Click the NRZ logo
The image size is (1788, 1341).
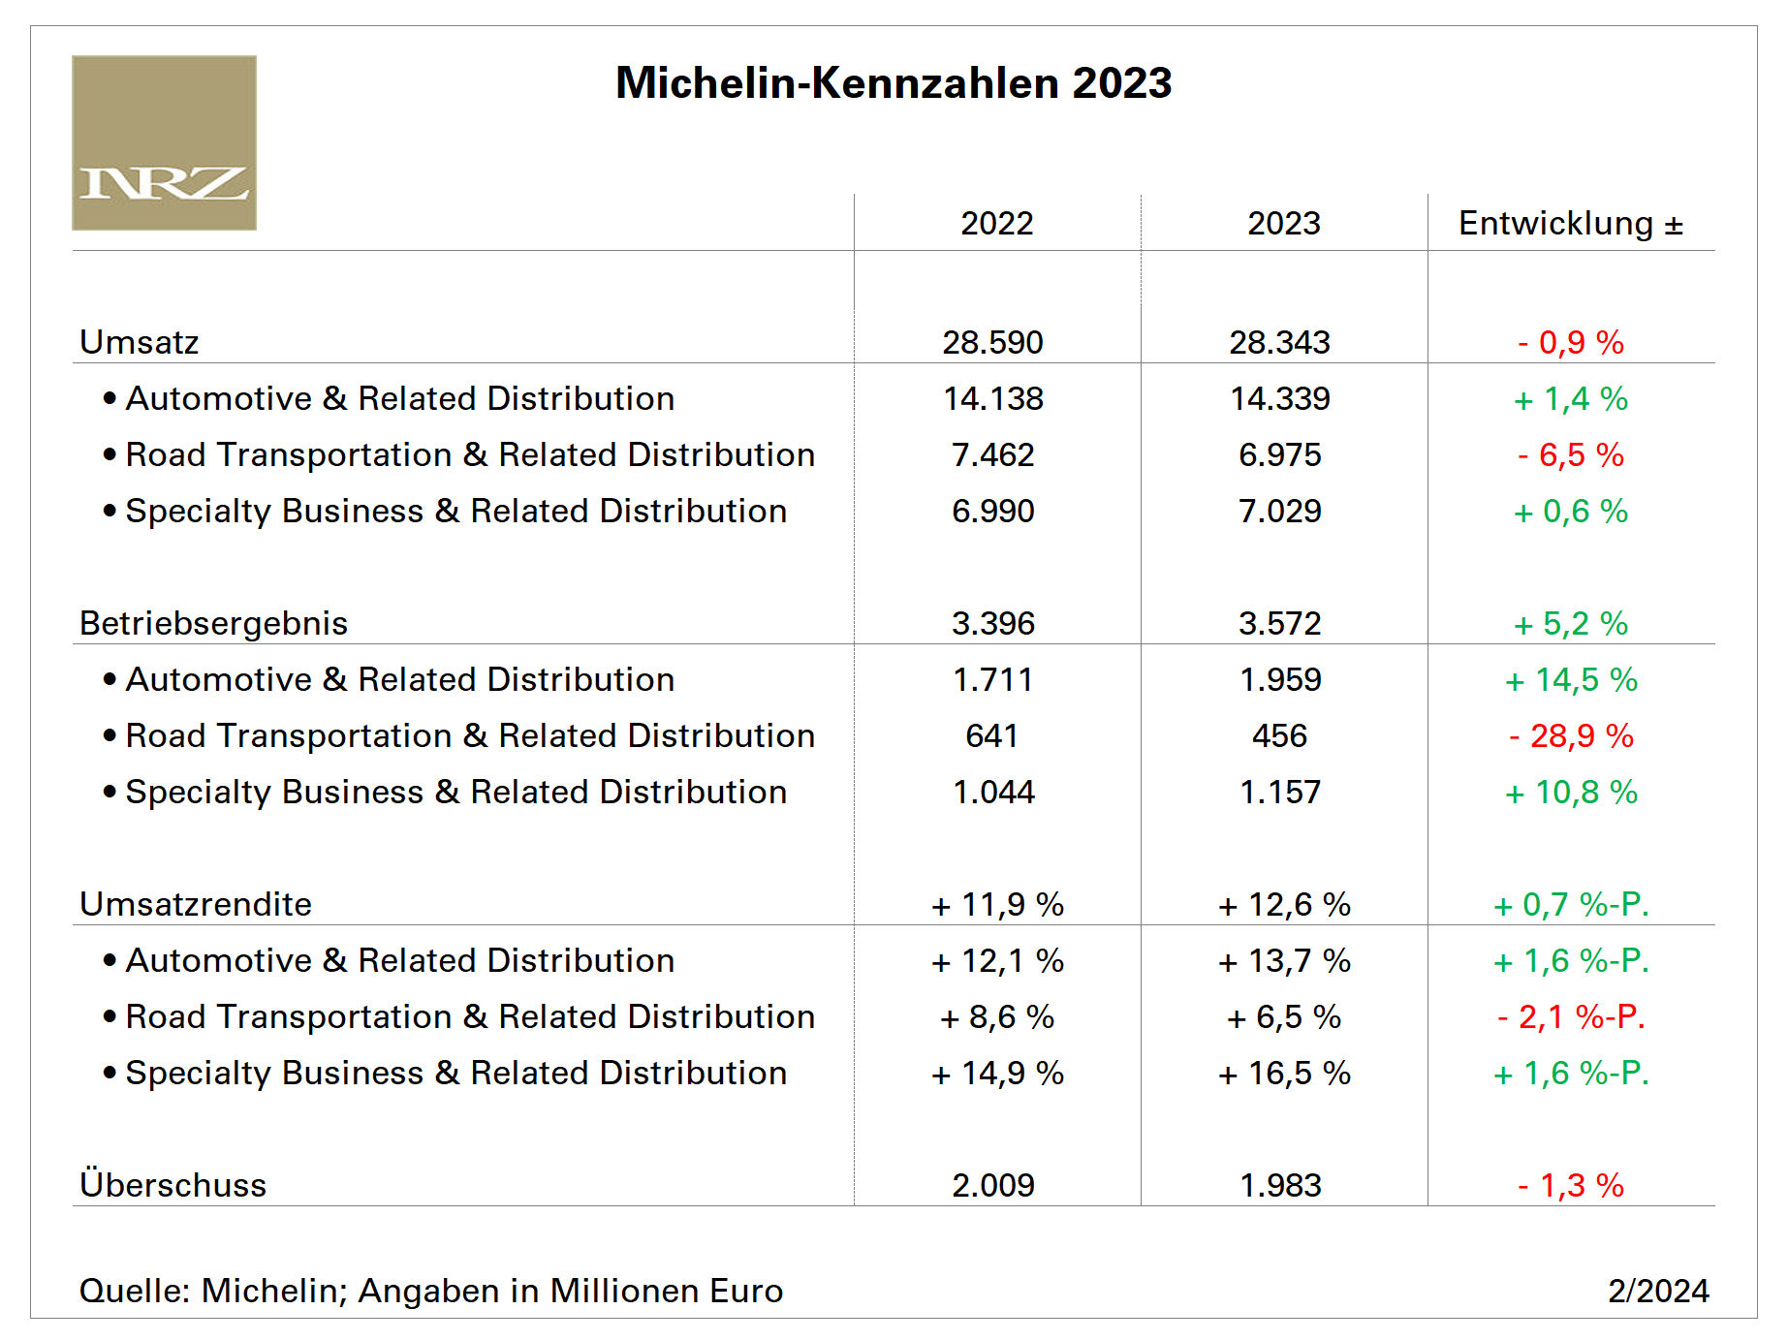164,143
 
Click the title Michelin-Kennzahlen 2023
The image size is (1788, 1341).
893,83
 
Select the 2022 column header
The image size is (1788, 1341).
996,224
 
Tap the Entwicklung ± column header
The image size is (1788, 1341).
1570,224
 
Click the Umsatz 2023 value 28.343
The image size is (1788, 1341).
1279,342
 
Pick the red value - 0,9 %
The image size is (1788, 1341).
1570,342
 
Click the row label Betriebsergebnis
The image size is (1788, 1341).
213,623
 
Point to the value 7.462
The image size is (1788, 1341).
993,454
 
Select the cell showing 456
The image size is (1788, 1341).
1279,735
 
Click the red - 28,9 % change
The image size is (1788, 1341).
1570,735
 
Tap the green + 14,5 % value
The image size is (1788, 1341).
1570,679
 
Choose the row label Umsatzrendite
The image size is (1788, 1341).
196,904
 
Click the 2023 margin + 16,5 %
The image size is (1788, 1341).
1284,1073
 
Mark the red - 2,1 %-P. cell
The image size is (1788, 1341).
1570,1016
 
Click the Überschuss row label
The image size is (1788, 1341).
173,1185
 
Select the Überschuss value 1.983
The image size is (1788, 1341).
1280,1185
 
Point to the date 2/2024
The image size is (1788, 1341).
1658,1291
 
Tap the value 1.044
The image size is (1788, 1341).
993,792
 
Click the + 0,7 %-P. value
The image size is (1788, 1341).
1570,904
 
